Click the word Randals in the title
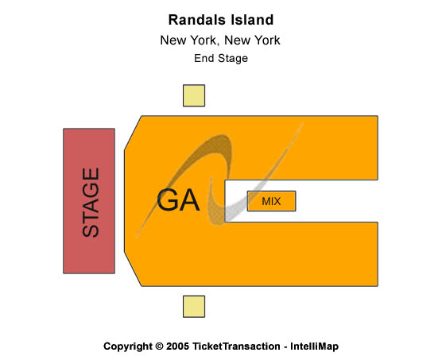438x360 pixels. tap(192, 20)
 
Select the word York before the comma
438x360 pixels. tap(204, 41)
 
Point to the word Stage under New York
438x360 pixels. tap(233, 59)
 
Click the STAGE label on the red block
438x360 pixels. tap(91, 202)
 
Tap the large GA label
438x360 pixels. tap(178, 200)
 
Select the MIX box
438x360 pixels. tap(271, 201)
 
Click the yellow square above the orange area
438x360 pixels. tap(194, 95)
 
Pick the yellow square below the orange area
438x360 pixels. tap(194, 307)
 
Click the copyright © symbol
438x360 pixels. tap(159, 346)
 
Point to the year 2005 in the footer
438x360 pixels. tap(177, 346)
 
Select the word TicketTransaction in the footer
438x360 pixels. tap(236, 346)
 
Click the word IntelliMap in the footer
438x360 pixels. tap(314, 346)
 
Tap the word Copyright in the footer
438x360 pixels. tap(128, 346)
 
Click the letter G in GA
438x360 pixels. tap(167, 200)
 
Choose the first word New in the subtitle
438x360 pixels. tap(173, 41)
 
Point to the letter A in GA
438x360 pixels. tap(190, 200)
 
